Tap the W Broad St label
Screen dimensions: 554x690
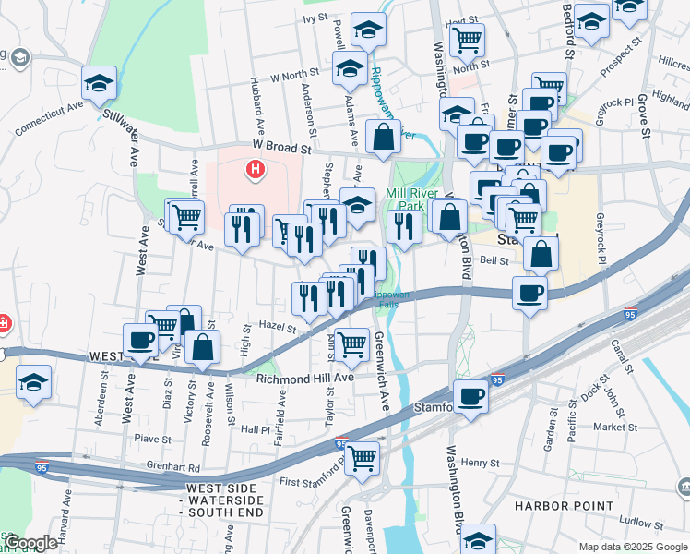280,148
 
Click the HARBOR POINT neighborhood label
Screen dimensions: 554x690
565,506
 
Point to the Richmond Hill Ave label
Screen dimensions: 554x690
305,379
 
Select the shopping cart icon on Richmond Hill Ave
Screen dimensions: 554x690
351,343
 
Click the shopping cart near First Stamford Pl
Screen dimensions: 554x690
362,456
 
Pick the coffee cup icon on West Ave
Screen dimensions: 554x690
140,340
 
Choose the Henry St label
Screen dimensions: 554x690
480,463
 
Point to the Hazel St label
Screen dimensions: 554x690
277,327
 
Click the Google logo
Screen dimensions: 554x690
30,543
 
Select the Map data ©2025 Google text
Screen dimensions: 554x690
632,547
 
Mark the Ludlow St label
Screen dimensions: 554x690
642,522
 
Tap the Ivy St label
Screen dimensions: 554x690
315,18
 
